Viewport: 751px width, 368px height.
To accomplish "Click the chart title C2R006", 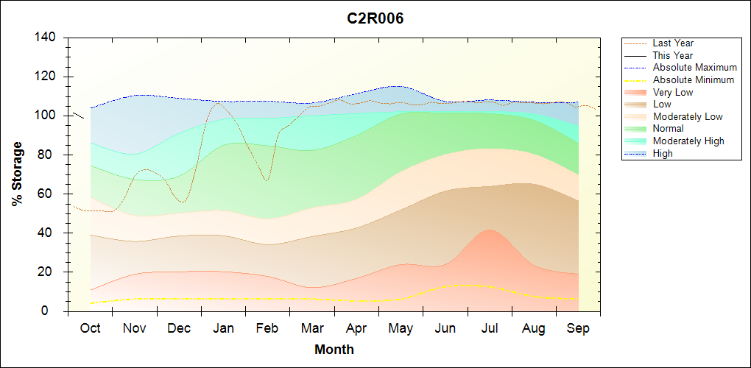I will click(375, 18).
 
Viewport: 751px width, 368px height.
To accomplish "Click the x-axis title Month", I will click(334, 350).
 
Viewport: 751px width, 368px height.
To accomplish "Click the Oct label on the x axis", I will click(90, 328).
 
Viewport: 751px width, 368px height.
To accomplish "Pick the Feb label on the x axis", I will click(267, 328).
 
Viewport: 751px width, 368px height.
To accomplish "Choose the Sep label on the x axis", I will click(578, 328).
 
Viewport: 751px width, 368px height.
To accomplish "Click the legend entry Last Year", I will click(673, 43).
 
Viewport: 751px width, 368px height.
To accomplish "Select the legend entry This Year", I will click(673, 55).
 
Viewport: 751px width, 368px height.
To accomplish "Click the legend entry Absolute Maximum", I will click(694, 68).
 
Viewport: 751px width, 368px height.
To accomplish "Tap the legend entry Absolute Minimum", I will click(694, 79).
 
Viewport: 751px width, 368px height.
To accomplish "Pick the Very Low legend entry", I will click(673, 92).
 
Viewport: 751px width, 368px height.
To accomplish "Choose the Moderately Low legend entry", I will click(688, 116).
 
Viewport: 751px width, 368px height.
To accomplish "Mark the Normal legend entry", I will click(668, 129).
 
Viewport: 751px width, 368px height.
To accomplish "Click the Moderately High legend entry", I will click(688, 141).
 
